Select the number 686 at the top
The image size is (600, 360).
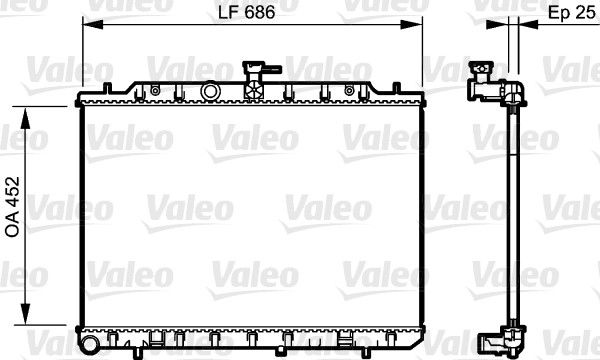point(259,13)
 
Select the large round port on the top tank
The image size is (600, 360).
point(209,91)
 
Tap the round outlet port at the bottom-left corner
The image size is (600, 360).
point(90,344)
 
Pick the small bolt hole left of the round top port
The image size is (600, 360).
point(156,91)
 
